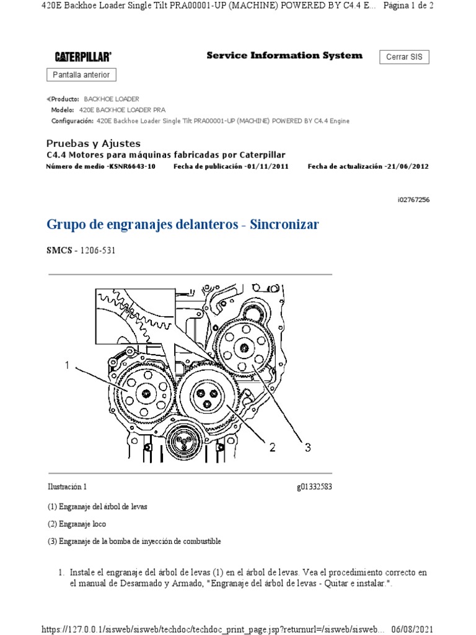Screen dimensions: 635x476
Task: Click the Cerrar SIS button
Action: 403,57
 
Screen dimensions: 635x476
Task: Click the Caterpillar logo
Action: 83,57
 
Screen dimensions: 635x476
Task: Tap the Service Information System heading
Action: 284,56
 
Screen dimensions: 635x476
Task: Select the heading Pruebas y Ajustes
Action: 94,143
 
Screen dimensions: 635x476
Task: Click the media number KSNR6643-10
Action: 132,167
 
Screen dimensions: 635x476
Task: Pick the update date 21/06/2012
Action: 407,167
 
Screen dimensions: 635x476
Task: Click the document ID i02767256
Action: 415,200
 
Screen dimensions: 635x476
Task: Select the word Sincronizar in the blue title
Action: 284,224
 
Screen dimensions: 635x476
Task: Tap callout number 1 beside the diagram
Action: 67,366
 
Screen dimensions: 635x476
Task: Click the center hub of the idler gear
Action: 205,393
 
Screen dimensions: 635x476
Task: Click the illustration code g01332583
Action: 314,487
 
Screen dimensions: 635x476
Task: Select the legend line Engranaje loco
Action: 77,524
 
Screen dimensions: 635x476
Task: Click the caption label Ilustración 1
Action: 68,487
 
